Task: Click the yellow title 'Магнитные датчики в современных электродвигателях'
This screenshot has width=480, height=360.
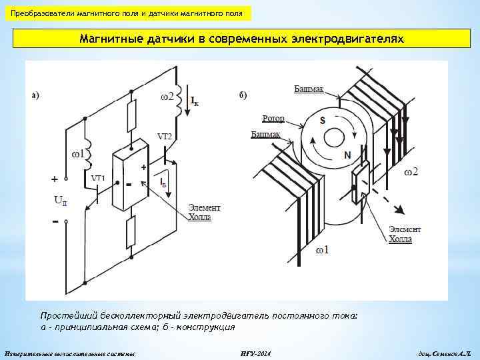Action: (x=241, y=39)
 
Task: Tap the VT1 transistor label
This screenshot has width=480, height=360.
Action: (x=98, y=179)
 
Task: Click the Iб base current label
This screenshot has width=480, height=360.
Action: (x=164, y=183)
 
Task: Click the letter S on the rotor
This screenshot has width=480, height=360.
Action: (x=323, y=121)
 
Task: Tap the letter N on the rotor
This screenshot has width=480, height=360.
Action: (x=347, y=155)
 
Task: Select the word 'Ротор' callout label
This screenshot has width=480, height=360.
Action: (x=273, y=119)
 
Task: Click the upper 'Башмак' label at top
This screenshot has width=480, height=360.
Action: (x=308, y=89)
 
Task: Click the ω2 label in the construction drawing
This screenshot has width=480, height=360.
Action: (x=411, y=173)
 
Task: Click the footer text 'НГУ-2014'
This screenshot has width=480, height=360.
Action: (x=255, y=352)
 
